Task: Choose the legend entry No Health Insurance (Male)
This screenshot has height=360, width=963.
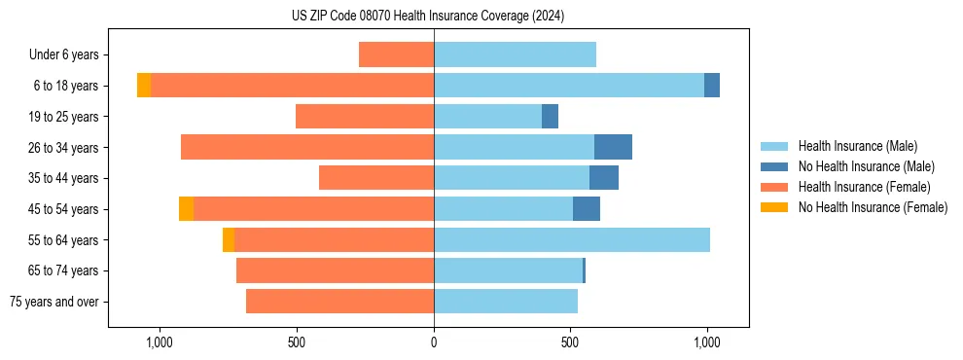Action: tap(866, 166)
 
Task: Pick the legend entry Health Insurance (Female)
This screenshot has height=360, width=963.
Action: tap(864, 187)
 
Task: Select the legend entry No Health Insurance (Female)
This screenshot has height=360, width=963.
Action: tap(873, 207)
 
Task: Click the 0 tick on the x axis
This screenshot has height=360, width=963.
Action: tap(434, 342)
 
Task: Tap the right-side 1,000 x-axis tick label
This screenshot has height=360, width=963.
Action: tap(707, 342)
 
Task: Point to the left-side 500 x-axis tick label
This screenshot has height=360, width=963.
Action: tap(298, 342)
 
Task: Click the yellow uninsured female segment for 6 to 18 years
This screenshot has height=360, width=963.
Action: tap(144, 86)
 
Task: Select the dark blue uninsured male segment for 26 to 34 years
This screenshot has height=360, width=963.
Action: tap(613, 147)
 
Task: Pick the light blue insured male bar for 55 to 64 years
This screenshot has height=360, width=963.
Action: tap(572, 239)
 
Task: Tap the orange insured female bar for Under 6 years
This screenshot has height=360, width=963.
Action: tap(396, 54)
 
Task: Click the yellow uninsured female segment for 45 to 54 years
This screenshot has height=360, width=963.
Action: tap(186, 209)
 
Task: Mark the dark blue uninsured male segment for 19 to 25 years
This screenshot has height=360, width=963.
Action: tap(550, 117)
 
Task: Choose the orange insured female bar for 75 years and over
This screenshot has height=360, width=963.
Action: tap(339, 302)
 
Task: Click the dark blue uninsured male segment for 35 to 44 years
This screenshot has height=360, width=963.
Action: tap(604, 178)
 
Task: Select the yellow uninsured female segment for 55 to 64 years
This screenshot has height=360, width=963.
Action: tap(229, 239)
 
